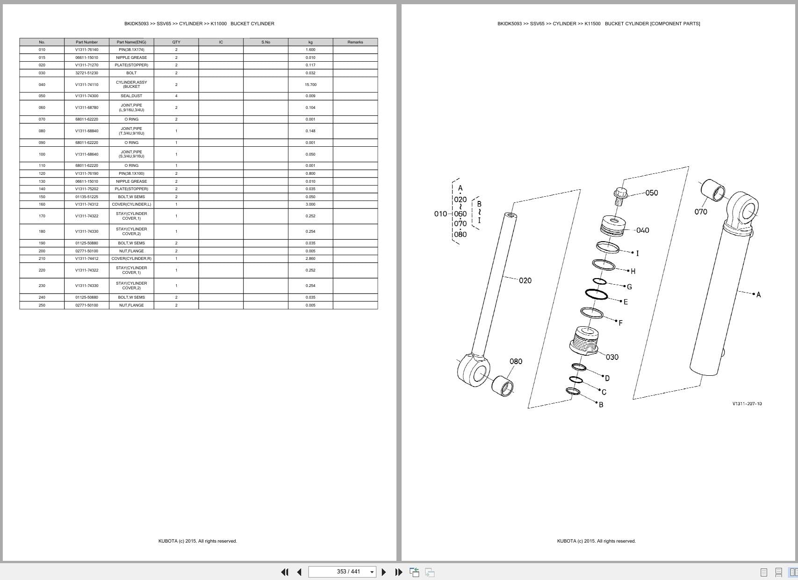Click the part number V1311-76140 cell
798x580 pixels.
86,50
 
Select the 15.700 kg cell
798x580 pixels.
310,85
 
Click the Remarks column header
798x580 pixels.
355,42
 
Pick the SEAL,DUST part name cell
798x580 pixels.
131,96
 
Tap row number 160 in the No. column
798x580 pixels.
42,204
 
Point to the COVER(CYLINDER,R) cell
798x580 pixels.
131,258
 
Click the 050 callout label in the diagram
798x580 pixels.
651,193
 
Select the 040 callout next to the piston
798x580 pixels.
642,230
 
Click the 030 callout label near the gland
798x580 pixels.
612,357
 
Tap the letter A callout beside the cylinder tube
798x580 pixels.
758,294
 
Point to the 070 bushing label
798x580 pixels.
700,212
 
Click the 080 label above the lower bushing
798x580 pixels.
516,361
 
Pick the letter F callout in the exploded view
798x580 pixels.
620,323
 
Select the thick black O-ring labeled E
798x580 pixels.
597,294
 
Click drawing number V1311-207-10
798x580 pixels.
747,404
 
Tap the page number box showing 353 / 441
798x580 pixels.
342,572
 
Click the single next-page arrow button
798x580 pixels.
384,572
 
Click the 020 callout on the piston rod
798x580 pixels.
525,280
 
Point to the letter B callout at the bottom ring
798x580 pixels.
601,405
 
